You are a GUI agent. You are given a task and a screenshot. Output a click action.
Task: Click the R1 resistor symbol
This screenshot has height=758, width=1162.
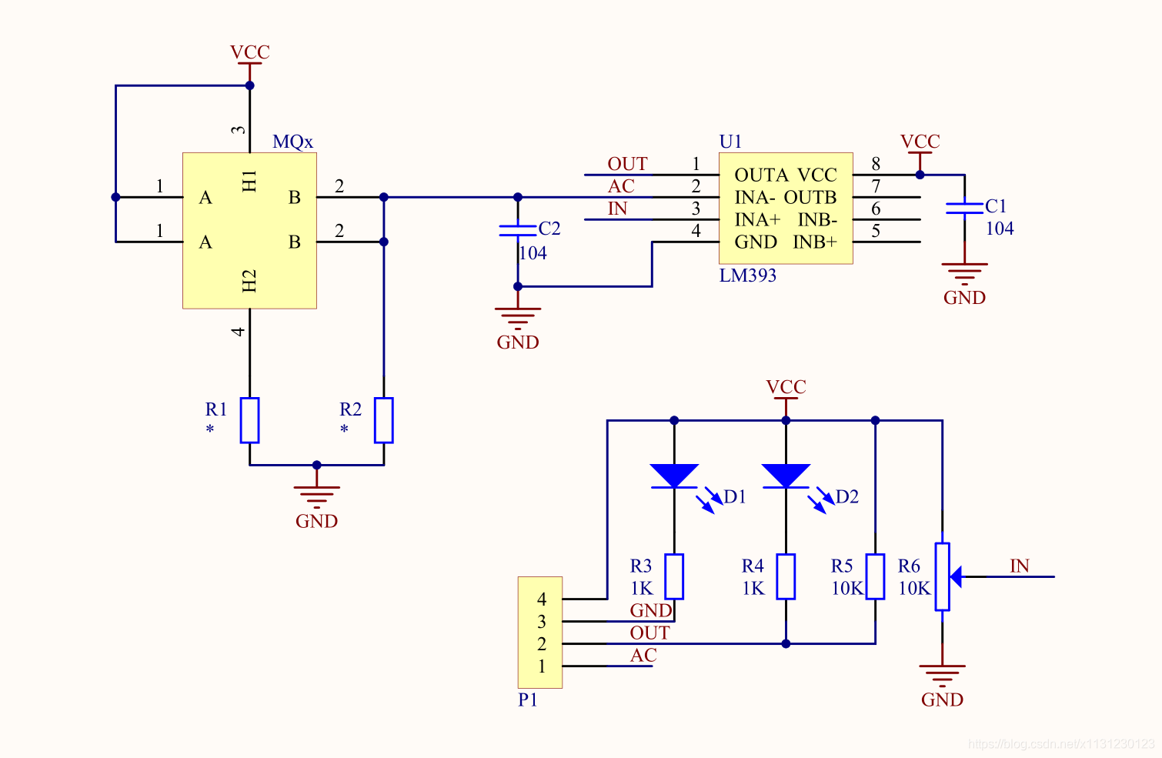pos(249,420)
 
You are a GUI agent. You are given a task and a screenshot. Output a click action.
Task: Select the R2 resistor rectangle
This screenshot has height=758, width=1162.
pos(384,420)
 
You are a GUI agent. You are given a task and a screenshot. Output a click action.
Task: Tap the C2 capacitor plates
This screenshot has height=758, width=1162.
pos(518,230)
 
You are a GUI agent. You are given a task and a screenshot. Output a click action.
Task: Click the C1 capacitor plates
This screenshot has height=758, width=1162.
pos(964,208)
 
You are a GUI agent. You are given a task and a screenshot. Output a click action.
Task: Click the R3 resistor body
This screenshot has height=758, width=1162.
pos(674,576)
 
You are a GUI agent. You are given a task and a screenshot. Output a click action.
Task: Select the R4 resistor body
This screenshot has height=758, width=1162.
pos(786,576)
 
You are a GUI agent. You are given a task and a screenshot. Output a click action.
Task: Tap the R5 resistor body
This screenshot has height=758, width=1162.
pos(875,576)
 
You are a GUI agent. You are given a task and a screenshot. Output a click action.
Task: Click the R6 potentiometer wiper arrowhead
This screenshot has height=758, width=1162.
pos(956,576)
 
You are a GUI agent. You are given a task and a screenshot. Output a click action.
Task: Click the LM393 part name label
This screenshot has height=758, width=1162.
pos(747,275)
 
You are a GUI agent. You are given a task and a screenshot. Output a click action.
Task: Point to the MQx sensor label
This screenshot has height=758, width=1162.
pos(292,142)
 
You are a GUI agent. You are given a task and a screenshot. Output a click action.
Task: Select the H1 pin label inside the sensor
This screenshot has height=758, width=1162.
pos(249,181)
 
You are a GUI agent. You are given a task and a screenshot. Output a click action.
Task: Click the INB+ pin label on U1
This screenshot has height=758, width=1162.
pos(815,242)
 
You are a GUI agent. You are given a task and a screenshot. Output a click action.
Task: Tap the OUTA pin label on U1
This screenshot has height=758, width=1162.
pos(761,175)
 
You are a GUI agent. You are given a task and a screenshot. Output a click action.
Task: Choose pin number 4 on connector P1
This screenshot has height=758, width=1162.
pos(542,599)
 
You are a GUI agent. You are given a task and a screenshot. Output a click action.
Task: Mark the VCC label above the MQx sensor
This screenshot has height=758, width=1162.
pos(250,52)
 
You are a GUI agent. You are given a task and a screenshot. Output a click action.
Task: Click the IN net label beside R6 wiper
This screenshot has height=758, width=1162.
pos(1020,566)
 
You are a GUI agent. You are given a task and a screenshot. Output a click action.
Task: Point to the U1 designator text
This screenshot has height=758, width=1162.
pos(730,142)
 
